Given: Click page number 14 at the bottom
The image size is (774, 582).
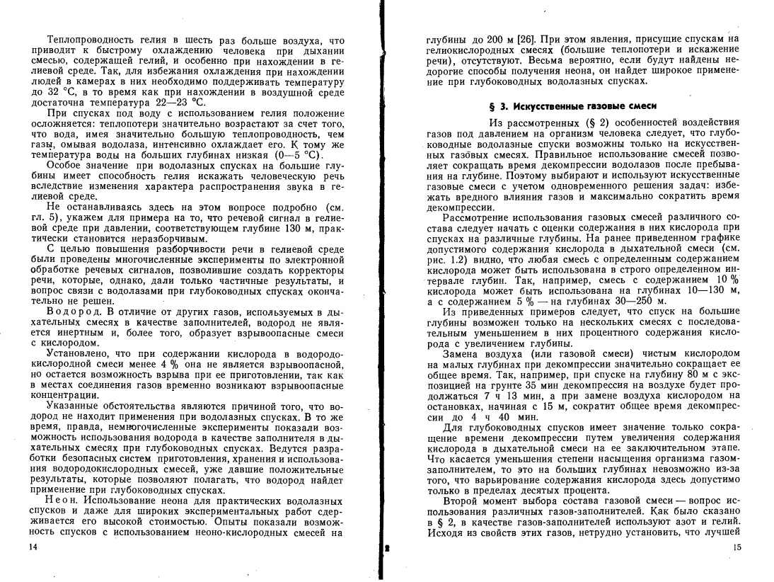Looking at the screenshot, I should pos(29,547).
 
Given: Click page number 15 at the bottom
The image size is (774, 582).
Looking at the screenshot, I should pos(738,547).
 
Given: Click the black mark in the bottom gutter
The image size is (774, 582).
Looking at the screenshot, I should pos(386,549).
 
